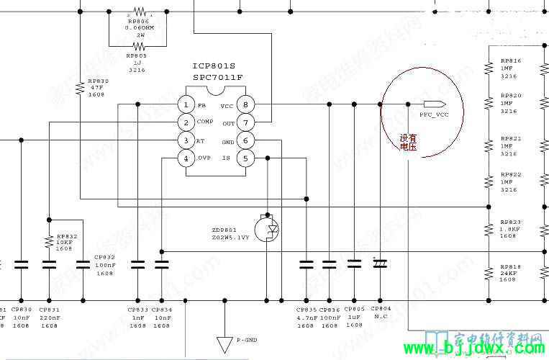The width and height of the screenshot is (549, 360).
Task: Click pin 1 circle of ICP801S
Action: pos(186,105)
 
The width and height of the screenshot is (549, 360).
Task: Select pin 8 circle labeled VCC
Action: pos(245,105)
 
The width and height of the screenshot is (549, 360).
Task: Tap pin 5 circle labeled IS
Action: pos(245,158)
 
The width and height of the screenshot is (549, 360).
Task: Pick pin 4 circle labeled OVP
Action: pos(186,158)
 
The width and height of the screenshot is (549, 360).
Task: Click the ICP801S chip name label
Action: pos(214,67)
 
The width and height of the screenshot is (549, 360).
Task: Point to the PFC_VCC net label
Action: pos(434,114)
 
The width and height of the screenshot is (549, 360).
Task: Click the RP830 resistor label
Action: pos(98,81)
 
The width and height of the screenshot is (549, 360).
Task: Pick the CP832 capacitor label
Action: pos(104,257)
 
